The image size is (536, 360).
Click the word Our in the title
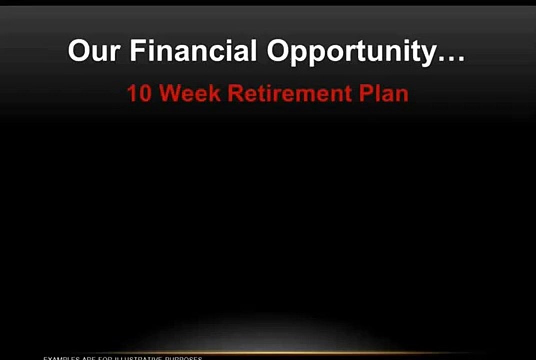click(x=94, y=51)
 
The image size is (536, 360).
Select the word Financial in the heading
click(x=194, y=51)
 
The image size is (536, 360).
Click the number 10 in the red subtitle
click(x=139, y=94)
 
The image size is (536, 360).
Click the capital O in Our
click(x=80, y=51)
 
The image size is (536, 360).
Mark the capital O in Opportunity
click(x=278, y=51)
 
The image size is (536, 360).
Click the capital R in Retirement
click(x=236, y=93)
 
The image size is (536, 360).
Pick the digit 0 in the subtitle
click(x=144, y=94)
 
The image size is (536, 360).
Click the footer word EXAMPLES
click(x=60, y=358)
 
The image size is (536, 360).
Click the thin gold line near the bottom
click(x=268, y=353)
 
